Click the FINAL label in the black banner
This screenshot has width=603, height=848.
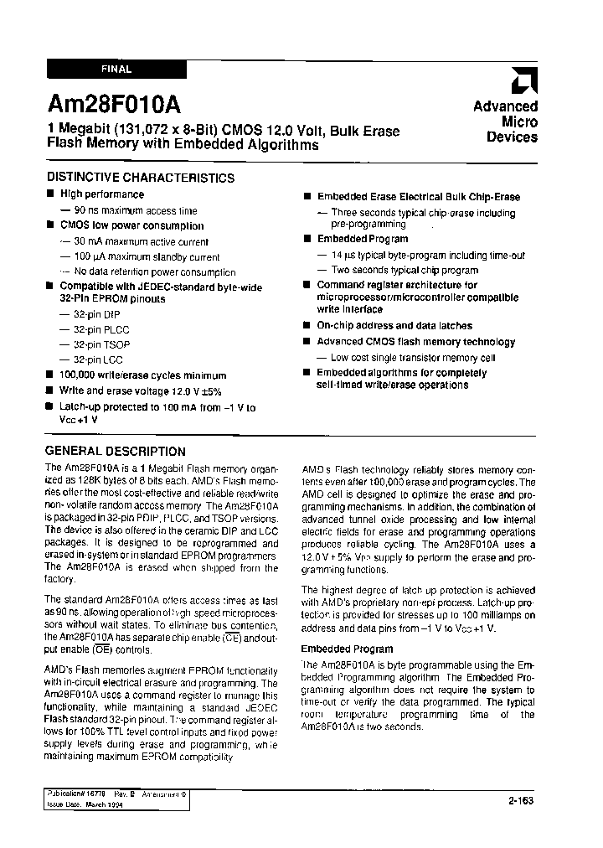click(x=116, y=70)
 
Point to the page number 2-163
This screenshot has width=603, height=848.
click(x=520, y=800)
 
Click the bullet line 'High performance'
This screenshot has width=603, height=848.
click(x=101, y=194)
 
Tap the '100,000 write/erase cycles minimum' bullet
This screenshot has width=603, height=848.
click(x=142, y=375)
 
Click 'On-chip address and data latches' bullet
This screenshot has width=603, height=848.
click(x=394, y=325)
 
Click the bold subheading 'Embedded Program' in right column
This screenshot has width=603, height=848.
click(x=347, y=649)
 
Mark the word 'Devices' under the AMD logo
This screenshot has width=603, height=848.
click(x=512, y=137)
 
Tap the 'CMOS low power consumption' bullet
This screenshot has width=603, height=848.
click(x=131, y=225)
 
